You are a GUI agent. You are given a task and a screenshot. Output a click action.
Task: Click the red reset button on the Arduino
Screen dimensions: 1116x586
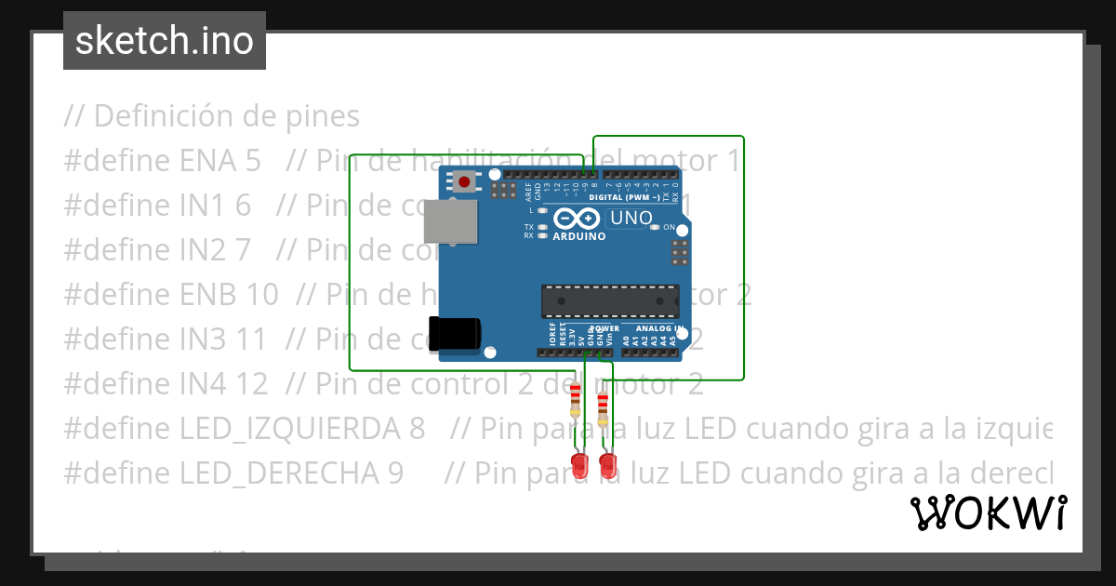click(463, 181)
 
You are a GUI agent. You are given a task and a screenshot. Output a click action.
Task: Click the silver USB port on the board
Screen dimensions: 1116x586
click(450, 224)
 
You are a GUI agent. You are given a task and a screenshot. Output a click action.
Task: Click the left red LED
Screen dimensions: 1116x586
click(578, 466)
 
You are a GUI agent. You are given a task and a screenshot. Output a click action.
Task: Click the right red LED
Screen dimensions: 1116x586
click(608, 464)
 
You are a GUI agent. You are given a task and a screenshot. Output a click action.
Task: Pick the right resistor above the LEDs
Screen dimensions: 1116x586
click(603, 408)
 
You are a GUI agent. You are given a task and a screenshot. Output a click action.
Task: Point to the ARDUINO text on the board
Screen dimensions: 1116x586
click(578, 236)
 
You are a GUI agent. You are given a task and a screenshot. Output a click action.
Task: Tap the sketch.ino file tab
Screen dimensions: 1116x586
click(165, 41)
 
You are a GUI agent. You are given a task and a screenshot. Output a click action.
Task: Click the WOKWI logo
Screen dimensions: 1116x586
click(988, 513)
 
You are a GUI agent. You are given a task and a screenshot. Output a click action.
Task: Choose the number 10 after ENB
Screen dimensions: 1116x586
click(261, 295)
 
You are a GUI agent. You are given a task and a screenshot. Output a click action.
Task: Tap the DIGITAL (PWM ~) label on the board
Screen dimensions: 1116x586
click(625, 197)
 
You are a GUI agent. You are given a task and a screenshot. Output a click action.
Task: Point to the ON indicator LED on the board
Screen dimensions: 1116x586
click(655, 227)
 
